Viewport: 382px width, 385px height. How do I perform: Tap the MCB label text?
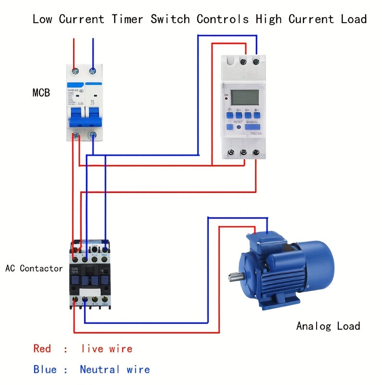(41, 92)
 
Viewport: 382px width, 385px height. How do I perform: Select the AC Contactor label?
(34, 268)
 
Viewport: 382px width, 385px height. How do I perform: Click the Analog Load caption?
(328, 326)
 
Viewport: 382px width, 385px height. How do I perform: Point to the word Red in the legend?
(42, 348)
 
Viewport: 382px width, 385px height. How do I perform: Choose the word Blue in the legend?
(44, 370)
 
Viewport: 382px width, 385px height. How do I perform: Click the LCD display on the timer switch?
(245, 98)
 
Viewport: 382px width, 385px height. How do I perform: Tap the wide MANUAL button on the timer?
(252, 127)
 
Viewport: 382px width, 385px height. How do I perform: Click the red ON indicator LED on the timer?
(226, 99)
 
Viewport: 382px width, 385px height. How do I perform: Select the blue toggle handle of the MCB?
(84, 117)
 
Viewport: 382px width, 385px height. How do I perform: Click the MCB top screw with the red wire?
(75, 70)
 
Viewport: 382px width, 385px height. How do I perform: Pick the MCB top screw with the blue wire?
(92, 70)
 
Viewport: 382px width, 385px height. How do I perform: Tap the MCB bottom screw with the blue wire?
(92, 136)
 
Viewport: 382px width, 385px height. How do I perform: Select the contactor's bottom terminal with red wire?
(75, 300)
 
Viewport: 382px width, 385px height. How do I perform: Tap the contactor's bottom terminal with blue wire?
(85, 300)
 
